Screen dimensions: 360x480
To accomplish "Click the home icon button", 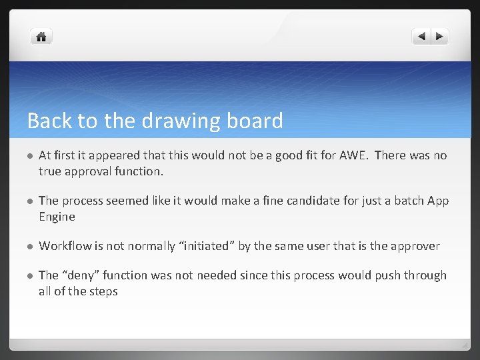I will [x=41, y=37].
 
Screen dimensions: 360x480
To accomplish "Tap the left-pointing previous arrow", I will [x=421, y=37].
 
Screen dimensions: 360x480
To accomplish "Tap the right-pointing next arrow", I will [x=440, y=37].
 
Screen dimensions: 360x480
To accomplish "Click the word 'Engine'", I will [x=57, y=217].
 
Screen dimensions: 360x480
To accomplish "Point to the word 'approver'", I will [x=414, y=246].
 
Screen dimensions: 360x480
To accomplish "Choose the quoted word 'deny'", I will [x=79, y=275].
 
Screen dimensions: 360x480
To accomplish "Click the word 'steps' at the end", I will [x=103, y=291].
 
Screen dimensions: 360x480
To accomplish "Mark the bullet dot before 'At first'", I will [x=29, y=156].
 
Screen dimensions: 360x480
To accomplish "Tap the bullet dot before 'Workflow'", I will [x=29, y=247].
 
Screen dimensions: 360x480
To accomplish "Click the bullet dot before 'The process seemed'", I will [x=29, y=201].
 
